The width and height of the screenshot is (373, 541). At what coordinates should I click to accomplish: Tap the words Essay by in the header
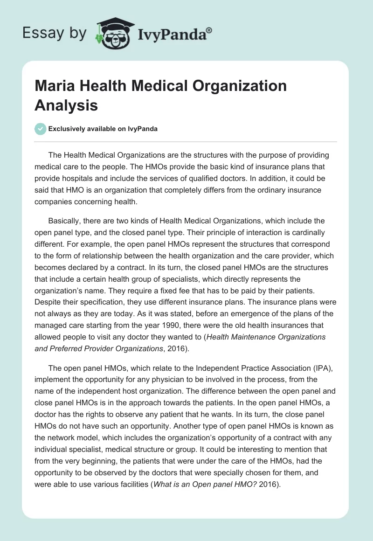tap(54, 33)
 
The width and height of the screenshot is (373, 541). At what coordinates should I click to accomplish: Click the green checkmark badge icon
tap(41, 129)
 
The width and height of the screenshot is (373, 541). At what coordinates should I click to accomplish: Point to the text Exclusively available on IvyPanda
tap(103, 129)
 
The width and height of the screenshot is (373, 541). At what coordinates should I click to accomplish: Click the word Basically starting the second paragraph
tap(65, 220)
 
